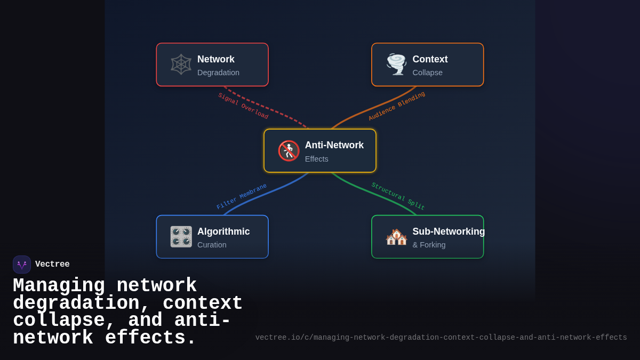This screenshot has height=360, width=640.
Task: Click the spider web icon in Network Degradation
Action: point(181,65)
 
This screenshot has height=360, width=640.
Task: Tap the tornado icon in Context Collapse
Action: point(396,65)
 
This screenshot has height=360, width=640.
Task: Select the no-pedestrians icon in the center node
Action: point(289,151)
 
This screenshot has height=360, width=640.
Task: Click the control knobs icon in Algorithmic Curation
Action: point(181,237)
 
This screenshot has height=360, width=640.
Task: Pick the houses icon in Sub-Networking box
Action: point(396,237)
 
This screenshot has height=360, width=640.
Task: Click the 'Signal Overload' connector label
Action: point(243,106)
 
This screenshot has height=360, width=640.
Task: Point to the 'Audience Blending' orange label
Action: point(397,106)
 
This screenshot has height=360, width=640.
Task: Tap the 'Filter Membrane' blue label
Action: point(242,196)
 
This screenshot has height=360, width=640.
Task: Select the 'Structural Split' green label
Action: point(398,196)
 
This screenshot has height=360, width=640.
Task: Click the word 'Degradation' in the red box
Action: point(218,73)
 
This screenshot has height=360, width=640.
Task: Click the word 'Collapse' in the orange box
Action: point(427,73)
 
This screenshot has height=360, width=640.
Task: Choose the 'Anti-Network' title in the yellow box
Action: point(334,145)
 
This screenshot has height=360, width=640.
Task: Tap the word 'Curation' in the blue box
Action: point(212,245)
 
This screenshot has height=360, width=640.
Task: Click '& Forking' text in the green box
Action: point(429,245)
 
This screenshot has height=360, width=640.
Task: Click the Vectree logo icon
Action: point(22,265)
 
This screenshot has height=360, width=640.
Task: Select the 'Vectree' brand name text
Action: point(52,265)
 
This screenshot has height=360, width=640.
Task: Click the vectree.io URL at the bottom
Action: point(441,338)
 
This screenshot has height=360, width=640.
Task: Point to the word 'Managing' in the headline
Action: point(59,286)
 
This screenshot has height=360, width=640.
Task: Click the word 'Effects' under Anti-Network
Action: point(316,159)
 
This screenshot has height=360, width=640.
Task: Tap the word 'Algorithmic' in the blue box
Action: point(223,231)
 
